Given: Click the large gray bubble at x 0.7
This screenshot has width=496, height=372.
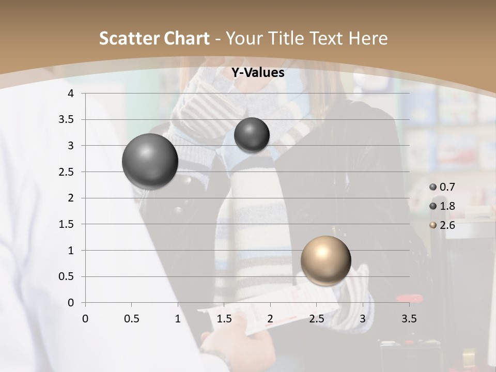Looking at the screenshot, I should coord(150,161).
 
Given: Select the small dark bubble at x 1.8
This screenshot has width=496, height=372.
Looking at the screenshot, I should coord(252,135).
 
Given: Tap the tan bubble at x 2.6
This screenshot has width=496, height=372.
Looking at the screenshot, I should coord(326,260).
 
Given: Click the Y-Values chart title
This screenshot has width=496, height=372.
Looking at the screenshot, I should coord(258,73).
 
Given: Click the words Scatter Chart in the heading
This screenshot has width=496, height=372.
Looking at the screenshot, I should coord(154,38).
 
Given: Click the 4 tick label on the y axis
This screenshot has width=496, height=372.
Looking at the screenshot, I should coord(71,94).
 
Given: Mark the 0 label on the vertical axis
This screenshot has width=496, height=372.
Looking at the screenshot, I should coord(71,303).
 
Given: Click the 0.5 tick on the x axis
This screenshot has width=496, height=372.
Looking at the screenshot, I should coord(132,319).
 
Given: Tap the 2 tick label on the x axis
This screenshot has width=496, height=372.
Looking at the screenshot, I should coord(270,319).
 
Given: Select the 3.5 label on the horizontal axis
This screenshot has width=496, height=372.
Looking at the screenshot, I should coord(409,319).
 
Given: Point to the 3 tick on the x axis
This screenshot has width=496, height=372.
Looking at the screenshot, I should coord(363,319).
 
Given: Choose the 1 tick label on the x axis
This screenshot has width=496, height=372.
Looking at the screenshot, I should coord(178,319).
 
